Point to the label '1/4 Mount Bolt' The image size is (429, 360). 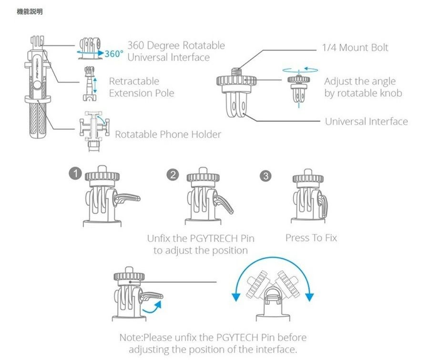point(355,48)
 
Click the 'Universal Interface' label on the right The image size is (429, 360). point(366,121)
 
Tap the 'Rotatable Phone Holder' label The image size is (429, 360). point(168,134)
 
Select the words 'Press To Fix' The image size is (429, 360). point(311,238)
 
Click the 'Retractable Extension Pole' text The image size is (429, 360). point(142,87)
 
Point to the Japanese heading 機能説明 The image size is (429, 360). point(30,11)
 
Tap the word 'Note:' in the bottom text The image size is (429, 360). point(131,338)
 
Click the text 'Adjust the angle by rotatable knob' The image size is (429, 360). point(363,87)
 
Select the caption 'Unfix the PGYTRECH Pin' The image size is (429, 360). point(200,238)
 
